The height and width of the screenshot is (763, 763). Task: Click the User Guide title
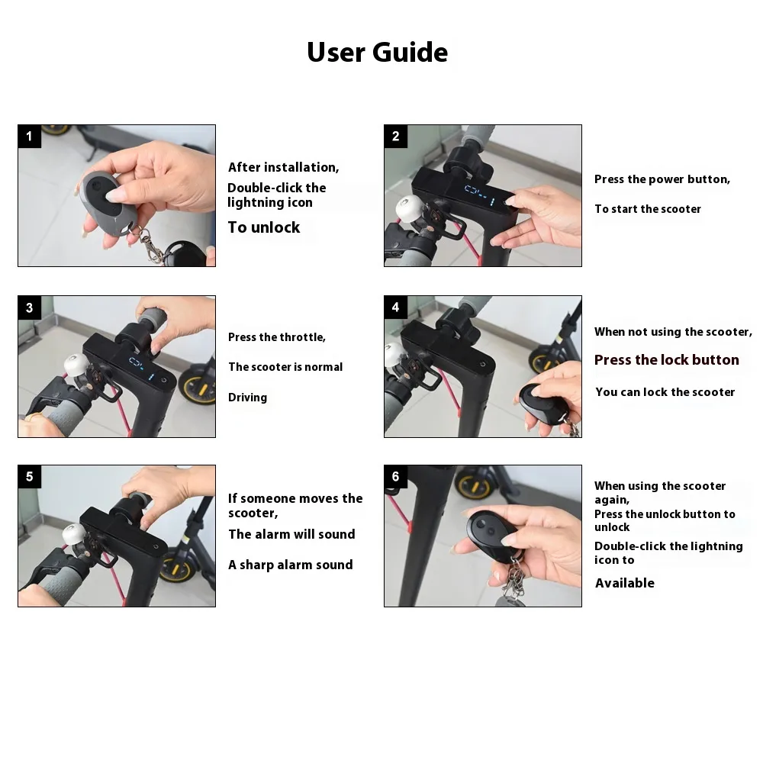(377, 52)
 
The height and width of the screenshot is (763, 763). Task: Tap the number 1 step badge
(29, 137)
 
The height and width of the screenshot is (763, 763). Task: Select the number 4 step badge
(395, 307)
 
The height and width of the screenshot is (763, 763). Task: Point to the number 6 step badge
(395, 476)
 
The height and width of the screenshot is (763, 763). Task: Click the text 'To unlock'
(264, 227)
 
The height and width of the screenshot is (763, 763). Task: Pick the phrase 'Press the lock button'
(667, 359)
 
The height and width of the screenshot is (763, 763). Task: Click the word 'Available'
(625, 583)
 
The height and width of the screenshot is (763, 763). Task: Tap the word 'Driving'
(248, 398)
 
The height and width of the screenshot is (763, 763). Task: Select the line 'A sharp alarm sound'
(291, 565)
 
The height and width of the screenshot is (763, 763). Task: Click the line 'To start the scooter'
(648, 209)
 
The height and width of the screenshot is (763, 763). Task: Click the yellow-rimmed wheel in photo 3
(198, 385)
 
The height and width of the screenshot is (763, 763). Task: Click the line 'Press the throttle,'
(277, 337)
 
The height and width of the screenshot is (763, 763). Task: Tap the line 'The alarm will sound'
(292, 534)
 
